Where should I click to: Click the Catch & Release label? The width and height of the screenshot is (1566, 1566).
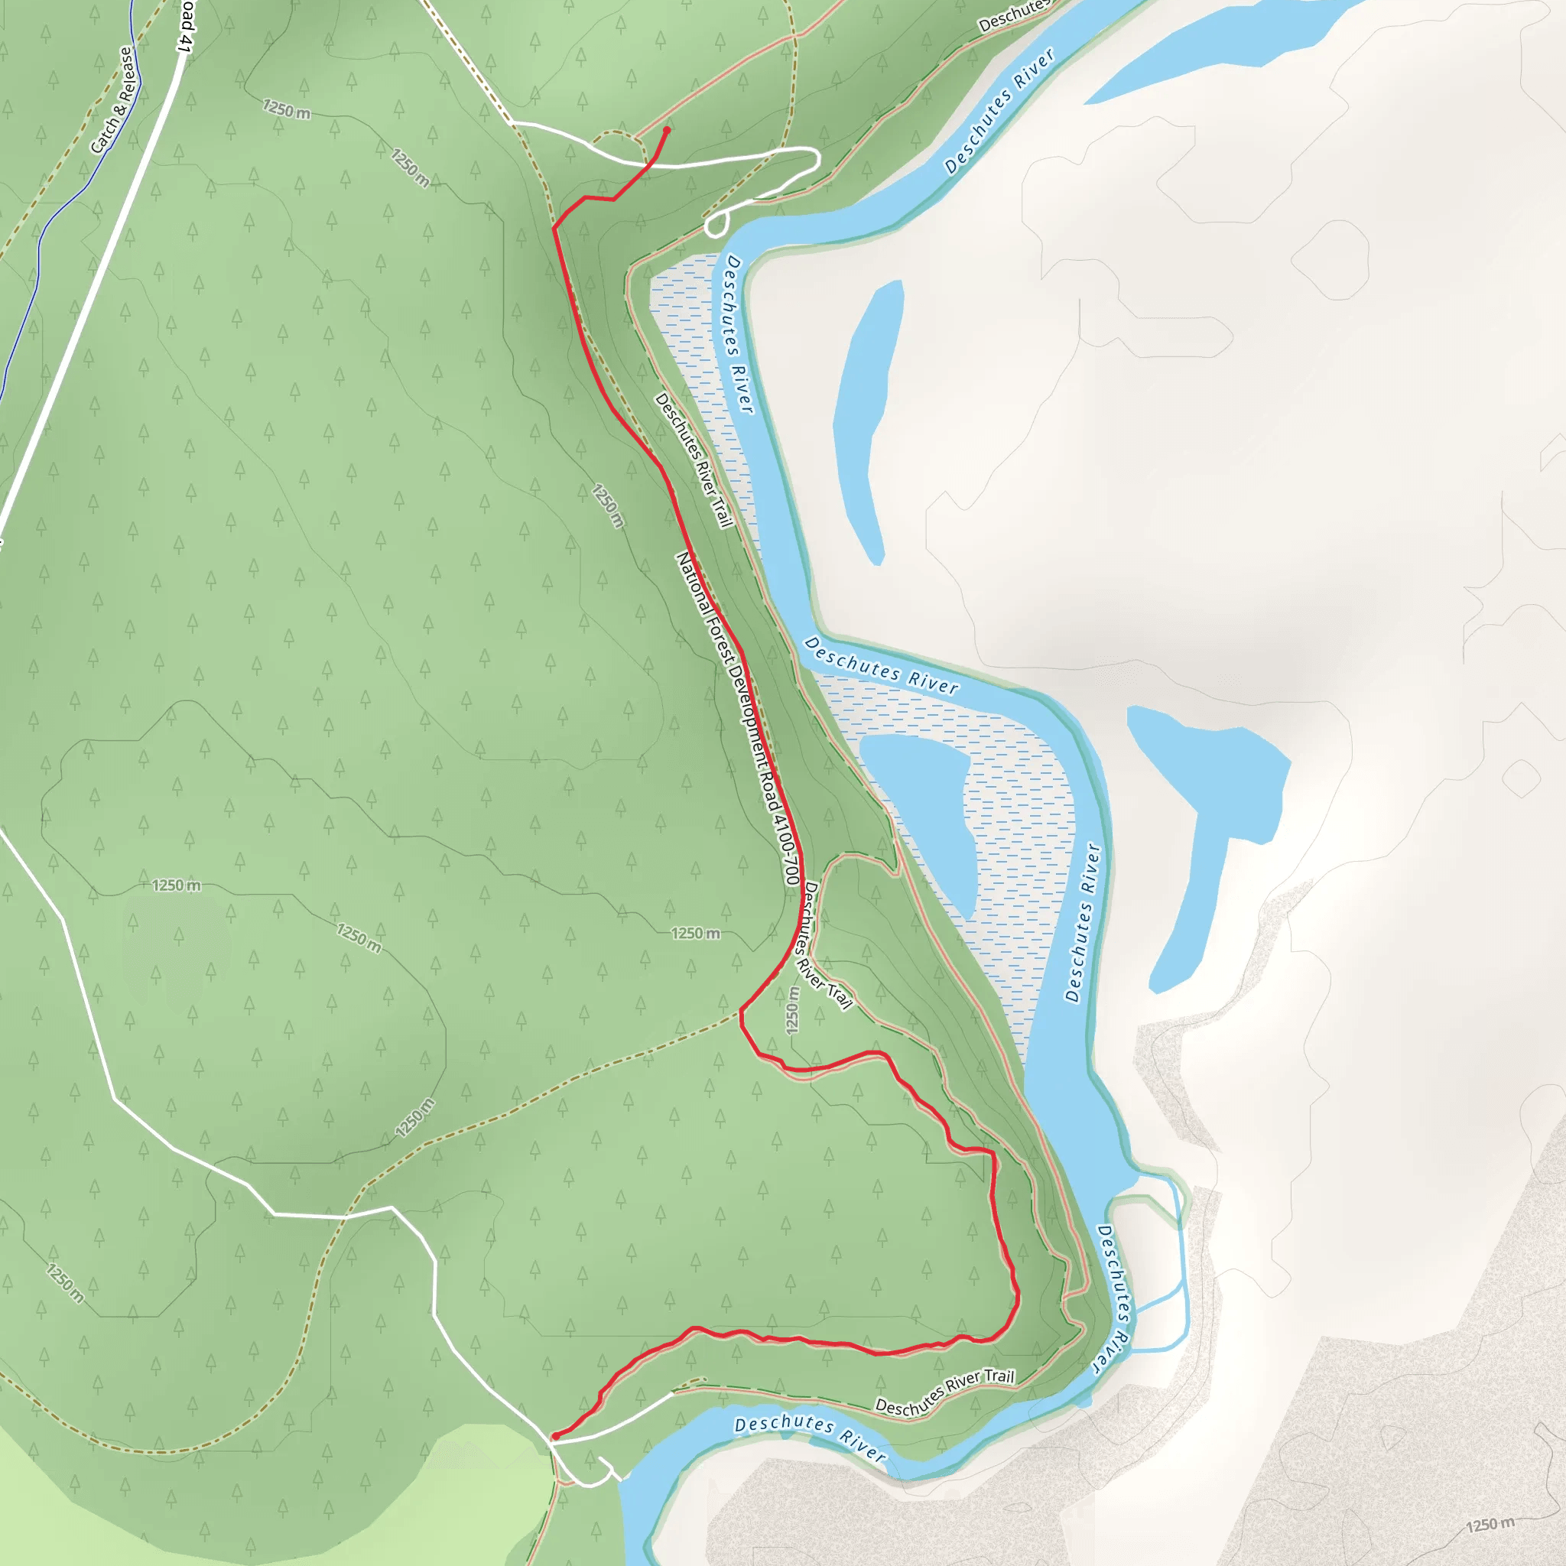[112, 100]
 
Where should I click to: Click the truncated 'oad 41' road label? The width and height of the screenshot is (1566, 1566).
[185, 26]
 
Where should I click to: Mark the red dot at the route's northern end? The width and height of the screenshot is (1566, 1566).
[666, 130]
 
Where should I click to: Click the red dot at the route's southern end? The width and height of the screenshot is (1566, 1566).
[555, 1436]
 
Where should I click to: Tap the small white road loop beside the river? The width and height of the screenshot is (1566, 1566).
[715, 225]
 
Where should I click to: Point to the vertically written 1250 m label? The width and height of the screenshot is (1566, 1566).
[793, 1010]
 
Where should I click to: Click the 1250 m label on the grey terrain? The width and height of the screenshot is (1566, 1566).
[1490, 1525]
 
